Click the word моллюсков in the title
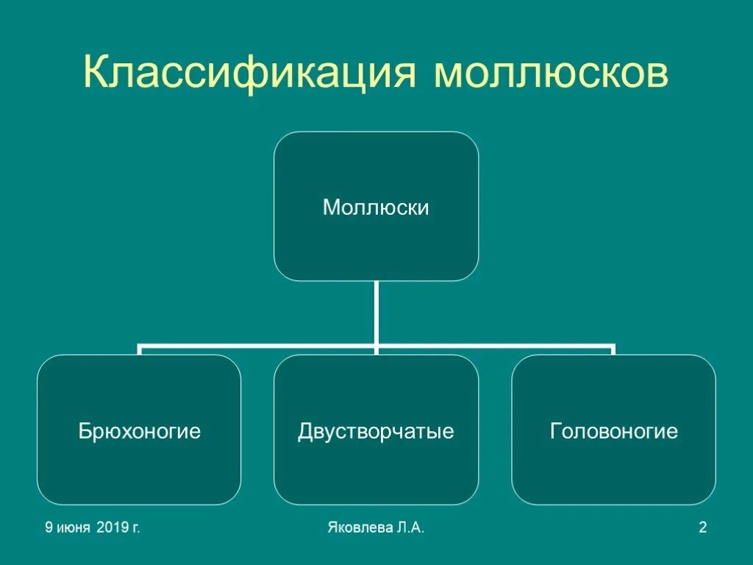[552, 74]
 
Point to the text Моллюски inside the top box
[376, 208]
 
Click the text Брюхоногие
[140, 431]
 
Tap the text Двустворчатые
[376, 431]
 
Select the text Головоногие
[614, 431]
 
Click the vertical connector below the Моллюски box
[376, 313]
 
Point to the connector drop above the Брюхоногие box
[140, 349]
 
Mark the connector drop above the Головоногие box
[613, 349]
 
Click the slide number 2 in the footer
[702, 527]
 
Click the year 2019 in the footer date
[110, 527]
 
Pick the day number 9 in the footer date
[49, 527]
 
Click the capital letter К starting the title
[96, 74]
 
